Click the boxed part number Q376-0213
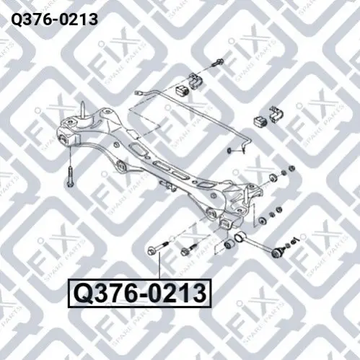coord(140,294)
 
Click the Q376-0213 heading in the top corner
coord(55,19)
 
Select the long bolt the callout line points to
coord(157,248)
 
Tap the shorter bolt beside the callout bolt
coord(189,250)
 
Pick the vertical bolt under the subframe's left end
coord(70,176)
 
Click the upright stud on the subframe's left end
coord(83,110)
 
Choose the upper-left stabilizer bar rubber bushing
coord(183,90)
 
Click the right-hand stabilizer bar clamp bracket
coord(276,114)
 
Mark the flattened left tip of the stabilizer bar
coord(138,92)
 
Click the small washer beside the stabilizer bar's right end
coord(229,151)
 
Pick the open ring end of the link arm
coord(239,237)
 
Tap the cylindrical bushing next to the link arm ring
coord(229,244)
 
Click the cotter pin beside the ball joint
coord(294,240)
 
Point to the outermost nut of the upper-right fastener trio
coord(291,168)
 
